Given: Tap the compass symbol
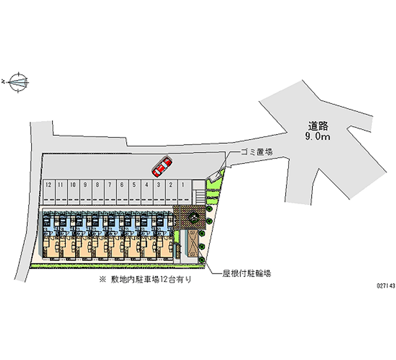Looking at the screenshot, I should coord(19,81).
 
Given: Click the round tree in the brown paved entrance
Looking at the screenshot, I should coord(192,216).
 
